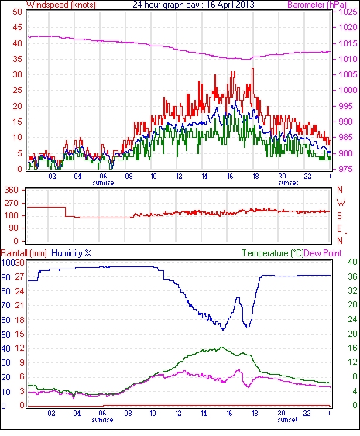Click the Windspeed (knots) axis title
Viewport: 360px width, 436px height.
pyautogui.click(x=61, y=5)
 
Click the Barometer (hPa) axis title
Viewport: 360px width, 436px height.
pyautogui.click(x=317, y=5)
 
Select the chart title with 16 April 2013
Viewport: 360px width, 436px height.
pyautogui.click(x=194, y=5)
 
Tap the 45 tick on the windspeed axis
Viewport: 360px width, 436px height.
pyautogui.click(x=17, y=28)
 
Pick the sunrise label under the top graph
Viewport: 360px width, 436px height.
pyautogui.click(x=103, y=183)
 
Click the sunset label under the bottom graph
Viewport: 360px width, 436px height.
pyautogui.click(x=287, y=420)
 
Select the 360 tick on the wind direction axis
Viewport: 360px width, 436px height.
pyautogui.click(x=12, y=191)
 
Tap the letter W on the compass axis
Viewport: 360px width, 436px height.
pyautogui.click(x=341, y=203)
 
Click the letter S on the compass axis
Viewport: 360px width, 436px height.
pyautogui.click(x=339, y=216)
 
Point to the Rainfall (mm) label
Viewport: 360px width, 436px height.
pyautogui.click(x=24, y=253)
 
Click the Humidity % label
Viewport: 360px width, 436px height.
pyautogui.click(x=71, y=253)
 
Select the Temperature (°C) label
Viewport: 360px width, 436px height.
pyautogui.click(x=273, y=253)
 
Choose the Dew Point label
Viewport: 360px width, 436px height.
pyautogui.click(x=323, y=253)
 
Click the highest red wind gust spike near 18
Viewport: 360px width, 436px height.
pyautogui.click(x=252, y=69)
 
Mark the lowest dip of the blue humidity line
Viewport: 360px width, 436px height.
pyautogui.click(x=223, y=329)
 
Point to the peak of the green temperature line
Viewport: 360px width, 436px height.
pyautogui.click(x=221, y=347)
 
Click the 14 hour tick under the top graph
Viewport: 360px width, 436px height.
pyautogui.click(x=204, y=177)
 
